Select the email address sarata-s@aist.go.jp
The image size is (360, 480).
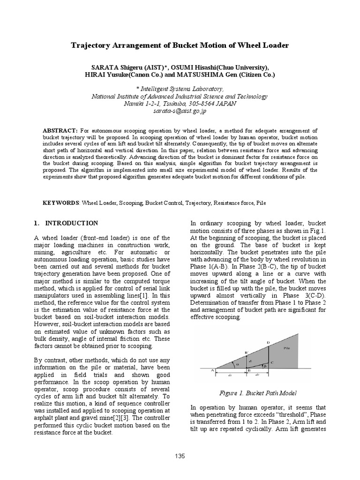coord(180,112)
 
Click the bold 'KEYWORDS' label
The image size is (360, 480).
coord(61,203)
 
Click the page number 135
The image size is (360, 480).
coord(180,456)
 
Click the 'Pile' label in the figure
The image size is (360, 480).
coord(287,348)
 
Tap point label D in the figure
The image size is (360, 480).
coord(268,343)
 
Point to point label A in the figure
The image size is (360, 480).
coord(212,370)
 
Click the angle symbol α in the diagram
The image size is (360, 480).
coord(237,362)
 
